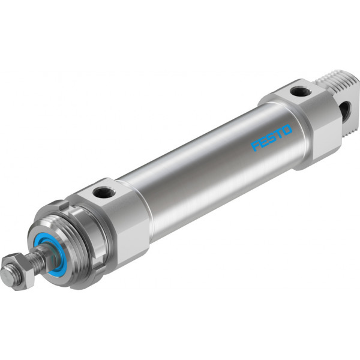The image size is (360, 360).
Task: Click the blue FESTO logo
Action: [x=272, y=137]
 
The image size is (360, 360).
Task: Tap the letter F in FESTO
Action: [x=256, y=146]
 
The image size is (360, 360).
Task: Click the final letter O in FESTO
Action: [x=287, y=130]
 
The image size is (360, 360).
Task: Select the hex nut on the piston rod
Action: [x=19, y=271]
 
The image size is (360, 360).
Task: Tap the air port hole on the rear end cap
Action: [x=301, y=91]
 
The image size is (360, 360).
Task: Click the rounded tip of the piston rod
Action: [x=7, y=274]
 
